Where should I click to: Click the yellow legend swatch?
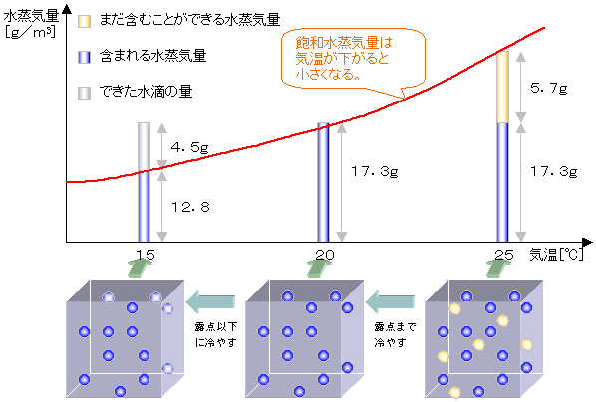tap(84, 21)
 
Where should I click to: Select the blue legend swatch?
tap(84, 57)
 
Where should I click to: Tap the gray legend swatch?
tap(84, 93)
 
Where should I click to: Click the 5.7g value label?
tap(548, 89)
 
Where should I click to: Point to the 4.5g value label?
tap(189, 147)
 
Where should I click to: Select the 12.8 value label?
tap(190, 207)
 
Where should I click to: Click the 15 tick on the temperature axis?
tap(145, 255)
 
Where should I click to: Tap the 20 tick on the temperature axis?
tap(325, 255)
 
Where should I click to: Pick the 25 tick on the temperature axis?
tap(504, 255)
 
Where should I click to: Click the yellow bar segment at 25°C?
tap(503, 87)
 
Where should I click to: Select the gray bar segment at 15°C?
tap(145, 146)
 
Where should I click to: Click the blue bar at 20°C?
tap(324, 182)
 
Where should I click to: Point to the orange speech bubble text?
tap(344, 58)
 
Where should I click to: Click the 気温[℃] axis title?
tap(556, 255)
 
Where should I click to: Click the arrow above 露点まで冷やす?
tap(390, 301)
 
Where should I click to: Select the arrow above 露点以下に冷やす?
tap(210, 301)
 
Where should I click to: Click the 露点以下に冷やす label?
tap(216, 334)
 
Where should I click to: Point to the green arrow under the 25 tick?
tap(497, 268)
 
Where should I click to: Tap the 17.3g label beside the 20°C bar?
tap(375, 171)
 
